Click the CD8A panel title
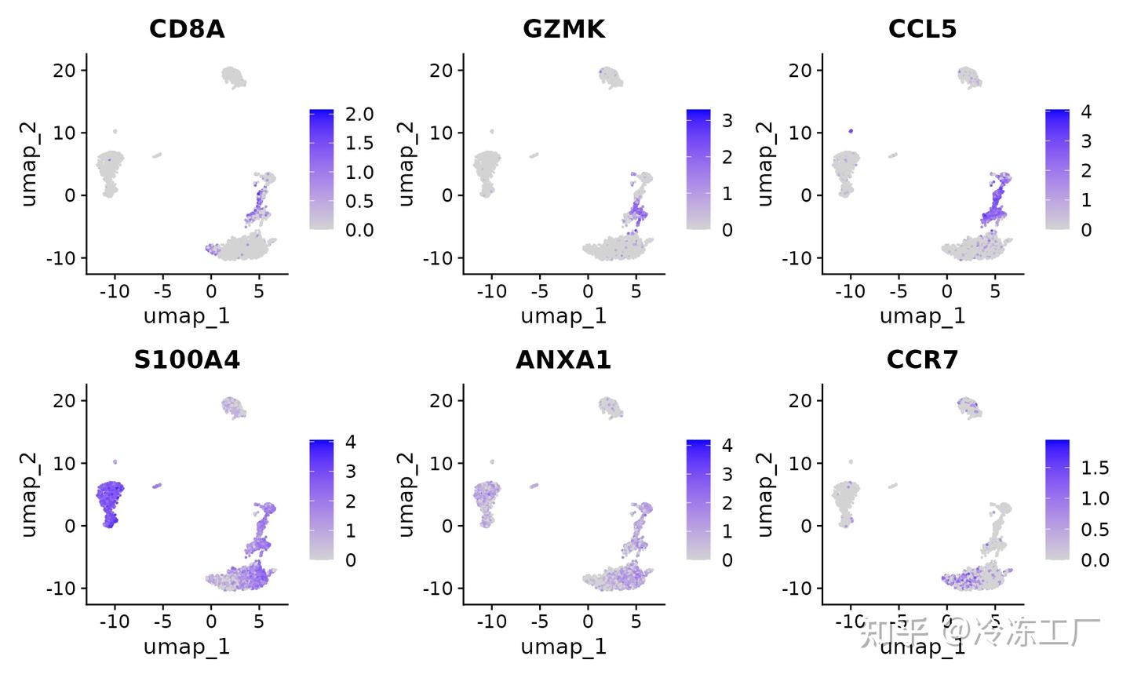tap(187, 29)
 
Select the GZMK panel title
tap(563, 29)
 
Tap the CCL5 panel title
tap(922, 29)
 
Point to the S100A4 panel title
tap(187, 359)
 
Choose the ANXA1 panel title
tap(563, 359)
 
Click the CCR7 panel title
tap(922, 359)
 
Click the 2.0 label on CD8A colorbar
tap(359, 115)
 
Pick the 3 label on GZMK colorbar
tap(727, 121)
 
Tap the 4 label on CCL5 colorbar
tap(1086, 112)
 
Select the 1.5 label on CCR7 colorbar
tap(1095, 468)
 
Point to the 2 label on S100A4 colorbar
tap(351, 501)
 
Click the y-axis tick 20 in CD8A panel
tap(65, 71)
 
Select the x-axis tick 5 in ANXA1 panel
tap(636, 622)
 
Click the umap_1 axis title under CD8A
tap(187, 316)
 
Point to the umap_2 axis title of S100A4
tap(29, 494)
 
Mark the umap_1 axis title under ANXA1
tap(563, 647)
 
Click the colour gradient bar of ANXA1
tap(698, 500)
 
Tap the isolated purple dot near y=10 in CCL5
tap(851, 131)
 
